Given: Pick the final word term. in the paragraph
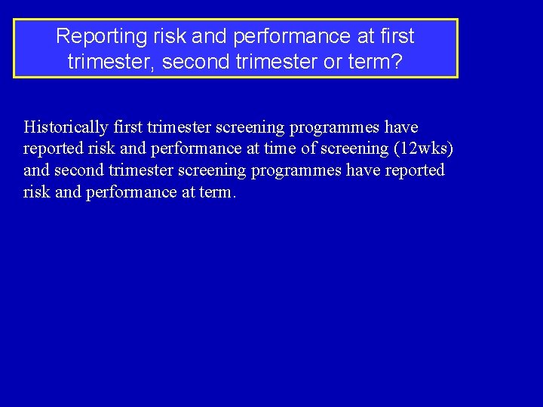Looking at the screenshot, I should [217, 192].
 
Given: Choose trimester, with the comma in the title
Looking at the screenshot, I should [112, 61].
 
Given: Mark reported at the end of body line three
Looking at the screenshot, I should [415, 170].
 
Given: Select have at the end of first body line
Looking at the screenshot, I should [401, 127].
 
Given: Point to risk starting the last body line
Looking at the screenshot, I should [36, 192].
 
